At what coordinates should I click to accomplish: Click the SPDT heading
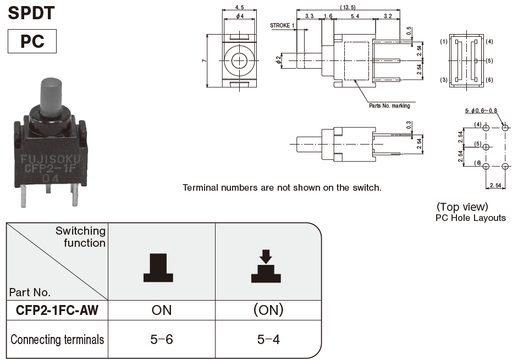31,12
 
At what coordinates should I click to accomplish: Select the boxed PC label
32,41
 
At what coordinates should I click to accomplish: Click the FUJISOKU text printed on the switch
50,160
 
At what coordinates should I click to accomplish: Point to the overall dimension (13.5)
348,7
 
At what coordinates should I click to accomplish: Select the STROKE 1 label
282,25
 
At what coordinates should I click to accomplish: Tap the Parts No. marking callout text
389,106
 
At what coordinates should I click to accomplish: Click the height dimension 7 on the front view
203,60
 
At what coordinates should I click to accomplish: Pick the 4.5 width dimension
239,7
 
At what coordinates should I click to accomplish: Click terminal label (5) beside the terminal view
489,60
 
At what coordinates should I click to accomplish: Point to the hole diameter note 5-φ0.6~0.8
481,110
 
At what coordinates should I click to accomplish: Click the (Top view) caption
462,207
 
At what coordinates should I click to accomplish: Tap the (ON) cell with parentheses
268,310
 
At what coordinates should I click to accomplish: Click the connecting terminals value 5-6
162,340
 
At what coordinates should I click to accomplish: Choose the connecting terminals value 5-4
268,340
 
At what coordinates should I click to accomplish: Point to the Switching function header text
80,237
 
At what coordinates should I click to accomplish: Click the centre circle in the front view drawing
239,60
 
